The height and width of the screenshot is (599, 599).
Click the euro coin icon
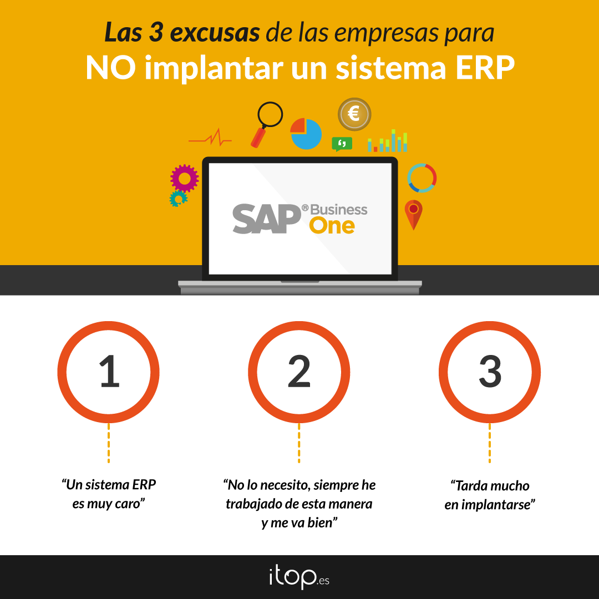coord(354,114)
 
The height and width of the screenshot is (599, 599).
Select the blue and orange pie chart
coord(306,134)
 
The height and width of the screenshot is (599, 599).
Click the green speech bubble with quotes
coord(342,144)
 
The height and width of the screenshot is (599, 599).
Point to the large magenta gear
coord(185,179)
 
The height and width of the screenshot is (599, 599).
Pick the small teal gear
coord(178,199)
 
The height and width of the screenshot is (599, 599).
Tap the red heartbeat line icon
coord(210,138)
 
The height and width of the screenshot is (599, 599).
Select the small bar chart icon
coord(387,140)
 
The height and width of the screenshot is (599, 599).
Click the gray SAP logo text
coord(267,219)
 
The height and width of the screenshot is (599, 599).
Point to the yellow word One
coord(332,226)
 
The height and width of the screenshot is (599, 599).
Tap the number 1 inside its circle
coord(110,371)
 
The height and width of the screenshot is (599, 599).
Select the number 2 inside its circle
coord(299,371)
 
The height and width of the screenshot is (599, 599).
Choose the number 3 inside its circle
coord(490,371)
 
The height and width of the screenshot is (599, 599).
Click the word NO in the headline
coord(111,68)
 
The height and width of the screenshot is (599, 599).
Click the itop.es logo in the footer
coord(299,578)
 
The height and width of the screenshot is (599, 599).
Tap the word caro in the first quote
coord(129,504)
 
